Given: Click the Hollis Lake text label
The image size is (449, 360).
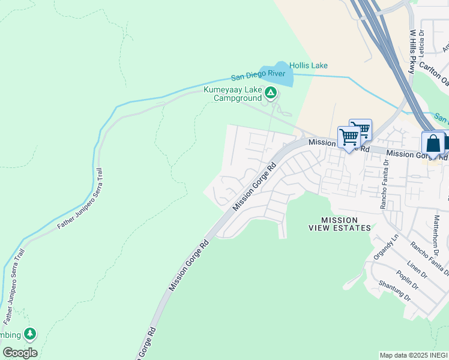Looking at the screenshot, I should tap(309, 65).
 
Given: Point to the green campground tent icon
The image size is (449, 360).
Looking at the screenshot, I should tap(271, 92).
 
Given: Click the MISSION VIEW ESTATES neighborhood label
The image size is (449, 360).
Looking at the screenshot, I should tap(339, 224).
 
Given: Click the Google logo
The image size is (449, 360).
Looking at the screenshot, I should tap(20, 353).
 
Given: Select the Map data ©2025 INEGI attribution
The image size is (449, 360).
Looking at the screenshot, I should tap(414, 355).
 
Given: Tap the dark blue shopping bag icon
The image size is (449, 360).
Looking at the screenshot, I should tap(433, 144).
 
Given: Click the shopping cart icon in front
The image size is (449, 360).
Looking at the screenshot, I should tap(348, 137).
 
